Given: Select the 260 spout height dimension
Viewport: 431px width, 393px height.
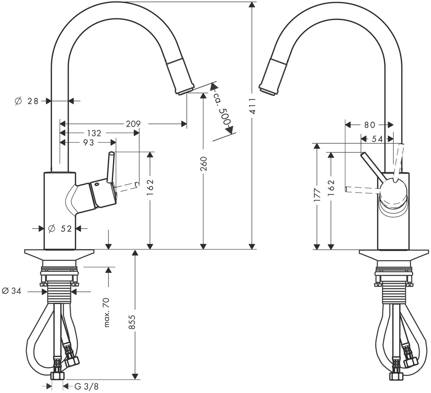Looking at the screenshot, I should pos(204,164).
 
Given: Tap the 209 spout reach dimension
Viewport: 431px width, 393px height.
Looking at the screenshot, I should pos(133,124).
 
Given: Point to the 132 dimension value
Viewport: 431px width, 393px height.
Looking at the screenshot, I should pos(94,134).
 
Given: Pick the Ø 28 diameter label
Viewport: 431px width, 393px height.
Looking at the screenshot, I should pos(27,101).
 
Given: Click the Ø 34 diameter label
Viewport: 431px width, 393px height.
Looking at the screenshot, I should pos(12,291).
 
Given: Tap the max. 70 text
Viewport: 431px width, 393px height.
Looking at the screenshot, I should pos(107,312).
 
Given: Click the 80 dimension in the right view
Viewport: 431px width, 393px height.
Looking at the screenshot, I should pos(369,125).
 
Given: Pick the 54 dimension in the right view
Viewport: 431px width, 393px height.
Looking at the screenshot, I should pos(377,139).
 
